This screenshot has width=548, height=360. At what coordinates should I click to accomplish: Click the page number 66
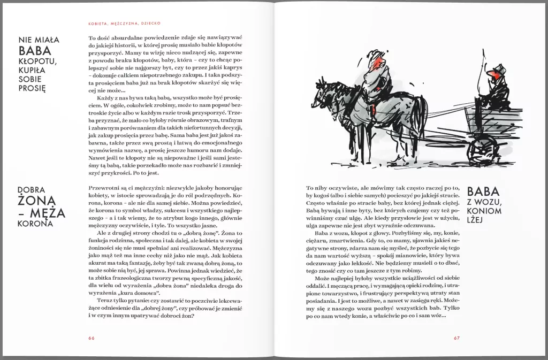point(92,338)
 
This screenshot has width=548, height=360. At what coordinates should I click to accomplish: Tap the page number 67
point(456,338)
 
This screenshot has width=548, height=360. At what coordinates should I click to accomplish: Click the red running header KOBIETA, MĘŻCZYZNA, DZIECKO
point(125,23)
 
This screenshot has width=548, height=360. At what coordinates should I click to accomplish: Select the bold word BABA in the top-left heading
point(35,51)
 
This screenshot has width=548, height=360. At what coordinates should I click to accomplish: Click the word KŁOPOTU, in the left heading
point(37,64)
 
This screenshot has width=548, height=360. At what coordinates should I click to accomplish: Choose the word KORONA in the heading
point(36,223)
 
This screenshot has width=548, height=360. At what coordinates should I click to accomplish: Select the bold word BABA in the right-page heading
point(483,192)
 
